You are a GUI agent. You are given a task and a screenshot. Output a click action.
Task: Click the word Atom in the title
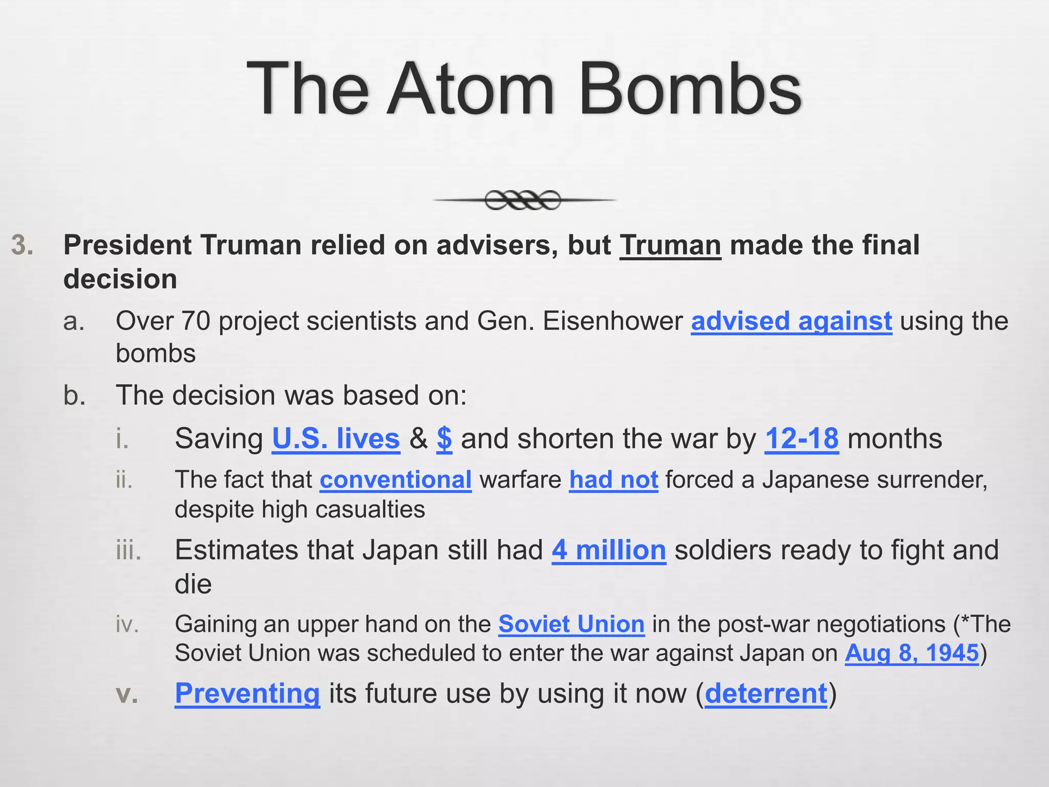[470, 89]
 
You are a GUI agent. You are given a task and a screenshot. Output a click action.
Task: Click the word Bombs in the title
[689, 89]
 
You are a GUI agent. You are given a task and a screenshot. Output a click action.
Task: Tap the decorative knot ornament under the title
[523, 200]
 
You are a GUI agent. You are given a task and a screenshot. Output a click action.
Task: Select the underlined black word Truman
[670, 245]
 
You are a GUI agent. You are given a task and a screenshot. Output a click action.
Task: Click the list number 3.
[23, 245]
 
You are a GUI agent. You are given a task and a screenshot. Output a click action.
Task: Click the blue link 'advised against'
[791, 322]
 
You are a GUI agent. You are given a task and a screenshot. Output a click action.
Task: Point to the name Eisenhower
[613, 322]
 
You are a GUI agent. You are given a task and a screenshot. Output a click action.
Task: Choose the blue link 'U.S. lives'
[335, 439]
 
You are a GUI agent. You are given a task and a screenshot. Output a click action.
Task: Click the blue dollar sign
[444, 439]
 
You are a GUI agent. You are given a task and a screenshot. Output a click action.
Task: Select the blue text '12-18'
[802, 439]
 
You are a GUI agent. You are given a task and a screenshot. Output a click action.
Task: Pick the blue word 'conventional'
[395, 480]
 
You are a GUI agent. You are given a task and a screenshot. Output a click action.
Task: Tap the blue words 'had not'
[614, 480]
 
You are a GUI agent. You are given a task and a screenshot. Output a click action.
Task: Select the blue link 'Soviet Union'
[571, 625]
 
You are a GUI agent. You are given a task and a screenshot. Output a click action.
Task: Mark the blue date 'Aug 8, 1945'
[912, 653]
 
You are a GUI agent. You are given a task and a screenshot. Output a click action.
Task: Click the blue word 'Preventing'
[247, 694]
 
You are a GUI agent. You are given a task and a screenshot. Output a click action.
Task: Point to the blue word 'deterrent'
[766, 694]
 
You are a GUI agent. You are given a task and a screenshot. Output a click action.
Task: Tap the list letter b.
[75, 396]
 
